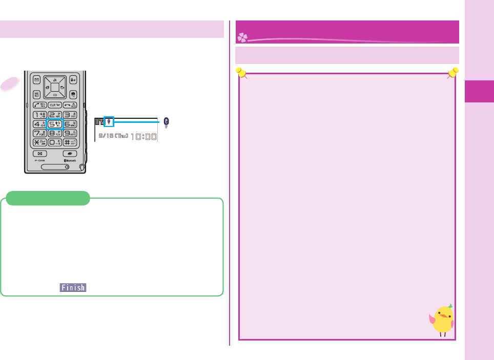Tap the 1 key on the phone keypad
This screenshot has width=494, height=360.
coord(39,114)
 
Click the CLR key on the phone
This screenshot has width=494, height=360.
coord(55,104)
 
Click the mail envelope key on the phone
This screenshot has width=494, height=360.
coord(37,80)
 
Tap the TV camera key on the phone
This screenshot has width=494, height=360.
coord(73,95)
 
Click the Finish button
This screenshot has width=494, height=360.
coord(73,288)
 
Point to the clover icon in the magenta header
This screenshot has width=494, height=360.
coord(242,37)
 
